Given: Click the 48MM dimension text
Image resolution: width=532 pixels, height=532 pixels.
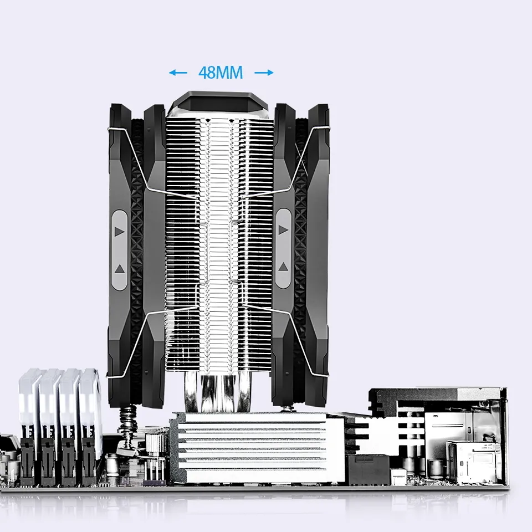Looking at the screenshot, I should [221, 73].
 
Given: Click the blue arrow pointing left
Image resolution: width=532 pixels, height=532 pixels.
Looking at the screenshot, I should [178, 73].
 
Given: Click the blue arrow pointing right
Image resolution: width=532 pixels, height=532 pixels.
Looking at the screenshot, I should [264, 73].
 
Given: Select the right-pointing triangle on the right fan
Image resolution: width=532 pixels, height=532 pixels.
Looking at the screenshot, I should [284, 229].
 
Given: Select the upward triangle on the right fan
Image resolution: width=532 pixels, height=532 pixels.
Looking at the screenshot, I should [284, 267].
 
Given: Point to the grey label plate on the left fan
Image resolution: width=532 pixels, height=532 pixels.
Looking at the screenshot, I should [120, 249].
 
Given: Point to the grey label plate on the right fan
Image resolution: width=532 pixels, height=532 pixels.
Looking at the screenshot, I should [284, 248].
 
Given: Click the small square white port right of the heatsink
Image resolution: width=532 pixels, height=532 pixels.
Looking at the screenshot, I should [398, 475].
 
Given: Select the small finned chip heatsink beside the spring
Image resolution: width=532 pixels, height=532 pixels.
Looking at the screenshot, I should [156, 443].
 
